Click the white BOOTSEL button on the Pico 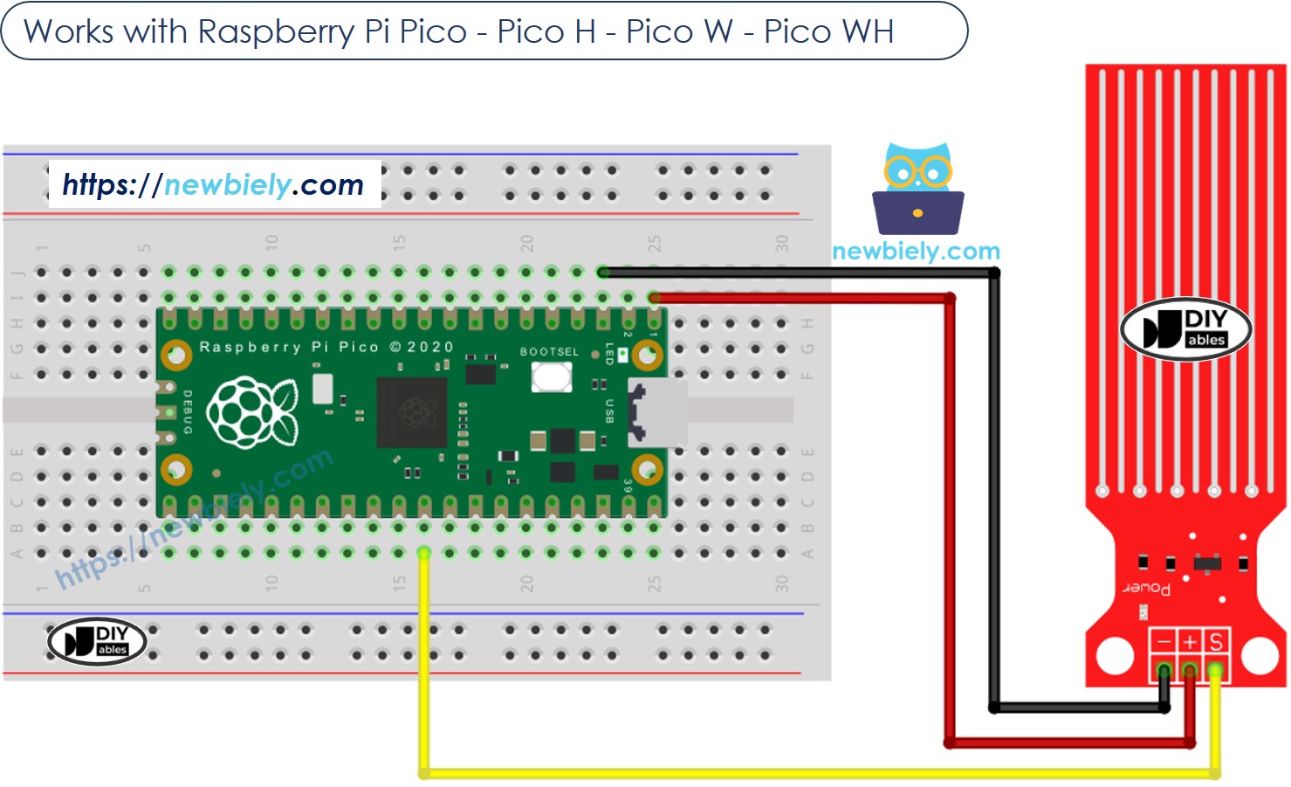coord(552,377)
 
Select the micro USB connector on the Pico coord(656,412)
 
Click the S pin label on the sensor coord(1216,643)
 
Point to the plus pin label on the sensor coord(1190,643)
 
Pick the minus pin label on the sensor coord(1163,643)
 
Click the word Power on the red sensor coord(1147,588)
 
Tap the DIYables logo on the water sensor coord(1185,329)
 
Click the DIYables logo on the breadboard coord(97,641)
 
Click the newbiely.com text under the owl coord(916,252)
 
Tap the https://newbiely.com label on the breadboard coord(214,184)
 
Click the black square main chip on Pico coord(411,412)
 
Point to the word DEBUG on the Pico coord(187,411)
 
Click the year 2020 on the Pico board coord(431,347)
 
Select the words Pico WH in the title coord(828,31)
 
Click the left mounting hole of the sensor coord(1115,655)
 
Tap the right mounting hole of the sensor coord(1259,655)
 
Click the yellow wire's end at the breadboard coord(424,553)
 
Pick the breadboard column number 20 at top coord(526,242)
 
